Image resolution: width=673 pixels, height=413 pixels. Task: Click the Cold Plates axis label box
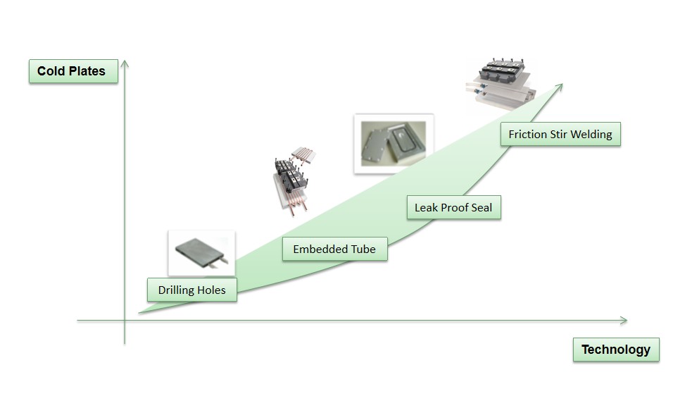(73, 71)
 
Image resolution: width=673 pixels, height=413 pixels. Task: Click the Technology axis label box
(615, 350)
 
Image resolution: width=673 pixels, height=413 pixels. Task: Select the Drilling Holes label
(191, 290)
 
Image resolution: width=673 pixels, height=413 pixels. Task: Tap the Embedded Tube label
(334, 249)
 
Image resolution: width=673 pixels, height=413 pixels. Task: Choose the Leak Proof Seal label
(453, 208)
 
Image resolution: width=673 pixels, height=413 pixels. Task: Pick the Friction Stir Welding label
(560, 134)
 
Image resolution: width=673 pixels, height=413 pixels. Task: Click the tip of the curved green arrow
(561, 85)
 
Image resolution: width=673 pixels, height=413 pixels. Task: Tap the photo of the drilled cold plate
(201, 252)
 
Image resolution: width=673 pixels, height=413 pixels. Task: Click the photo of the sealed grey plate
(393, 143)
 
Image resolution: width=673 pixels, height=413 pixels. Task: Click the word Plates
(87, 71)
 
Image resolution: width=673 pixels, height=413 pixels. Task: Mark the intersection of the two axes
(125, 321)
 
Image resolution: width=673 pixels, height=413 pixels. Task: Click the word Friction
(527, 134)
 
